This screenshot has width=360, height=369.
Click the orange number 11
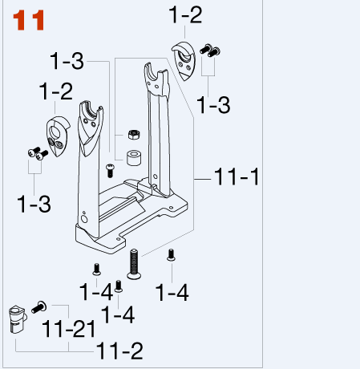(x=27, y=21)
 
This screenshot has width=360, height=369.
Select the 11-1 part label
(x=237, y=178)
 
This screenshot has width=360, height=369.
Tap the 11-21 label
(x=69, y=329)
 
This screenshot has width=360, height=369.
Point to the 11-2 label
(x=121, y=350)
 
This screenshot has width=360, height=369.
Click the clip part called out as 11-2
(x=17, y=318)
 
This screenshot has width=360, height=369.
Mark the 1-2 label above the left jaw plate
(x=56, y=91)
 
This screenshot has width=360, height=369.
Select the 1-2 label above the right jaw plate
(x=186, y=14)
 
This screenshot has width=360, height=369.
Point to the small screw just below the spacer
(x=111, y=169)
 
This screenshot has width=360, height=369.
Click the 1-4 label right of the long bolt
(x=172, y=293)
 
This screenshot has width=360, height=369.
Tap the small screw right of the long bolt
(x=170, y=256)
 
